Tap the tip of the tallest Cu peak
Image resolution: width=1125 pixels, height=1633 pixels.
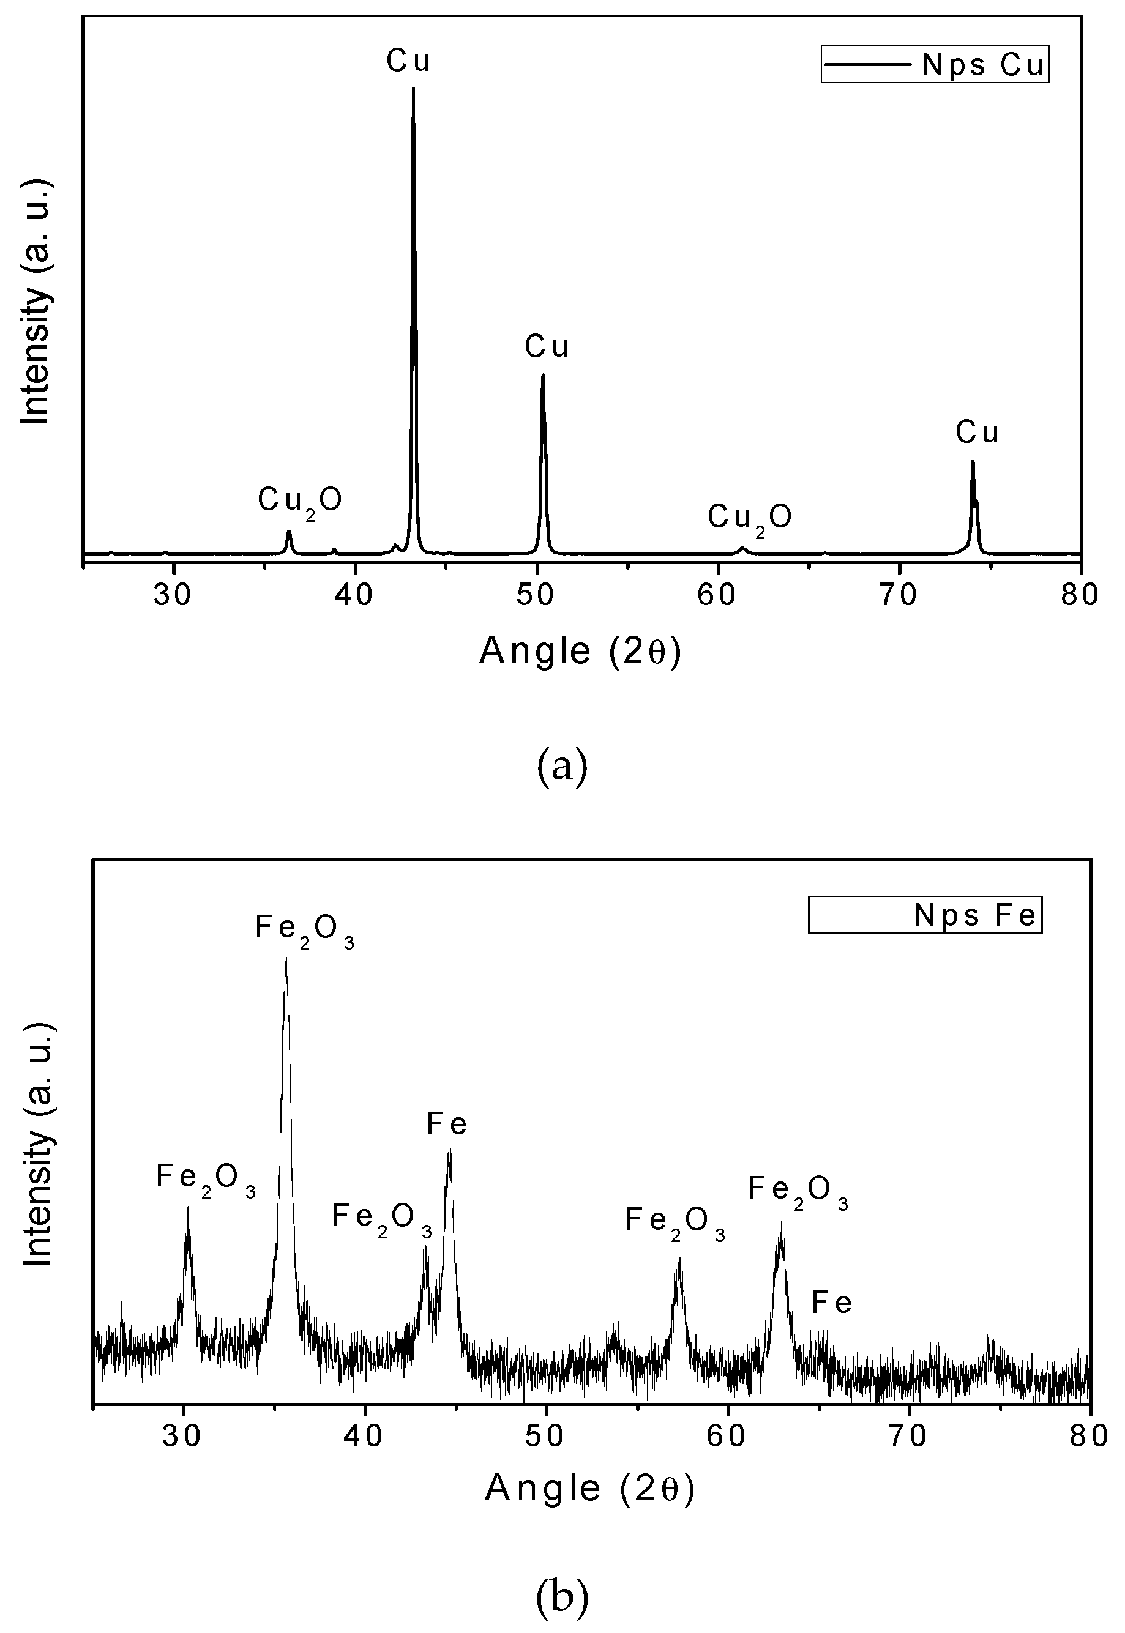coord(413,88)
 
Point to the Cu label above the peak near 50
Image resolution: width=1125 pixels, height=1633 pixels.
coord(547,347)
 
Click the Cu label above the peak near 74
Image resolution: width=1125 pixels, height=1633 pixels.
coord(977,432)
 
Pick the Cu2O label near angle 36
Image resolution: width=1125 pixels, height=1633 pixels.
coord(299,501)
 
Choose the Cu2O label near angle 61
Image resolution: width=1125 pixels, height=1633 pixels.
coord(749,518)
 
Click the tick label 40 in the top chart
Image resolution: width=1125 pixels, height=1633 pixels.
coord(354,595)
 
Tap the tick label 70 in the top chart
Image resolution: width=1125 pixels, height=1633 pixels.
coord(899,595)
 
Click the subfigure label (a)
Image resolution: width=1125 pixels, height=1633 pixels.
coord(562,767)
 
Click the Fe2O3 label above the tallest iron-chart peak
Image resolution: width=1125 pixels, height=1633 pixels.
coord(305,930)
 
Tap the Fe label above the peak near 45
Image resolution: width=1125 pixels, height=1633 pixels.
coord(447,1124)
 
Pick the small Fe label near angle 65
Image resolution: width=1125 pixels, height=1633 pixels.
coord(832,1303)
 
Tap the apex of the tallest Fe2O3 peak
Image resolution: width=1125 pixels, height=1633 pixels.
coord(285,950)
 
